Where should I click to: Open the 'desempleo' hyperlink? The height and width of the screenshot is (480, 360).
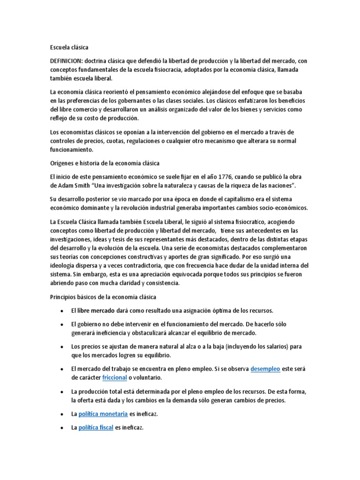(x=265, y=369)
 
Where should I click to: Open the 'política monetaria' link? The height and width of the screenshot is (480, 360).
(x=103, y=414)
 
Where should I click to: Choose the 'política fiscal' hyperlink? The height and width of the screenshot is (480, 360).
(x=96, y=427)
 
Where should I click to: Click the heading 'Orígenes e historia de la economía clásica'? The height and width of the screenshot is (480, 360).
(x=105, y=163)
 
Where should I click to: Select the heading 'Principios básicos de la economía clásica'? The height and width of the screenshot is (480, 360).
(x=103, y=297)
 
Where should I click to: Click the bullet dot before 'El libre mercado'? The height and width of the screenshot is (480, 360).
(x=62, y=311)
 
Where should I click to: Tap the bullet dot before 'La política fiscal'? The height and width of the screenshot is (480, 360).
(x=62, y=427)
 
